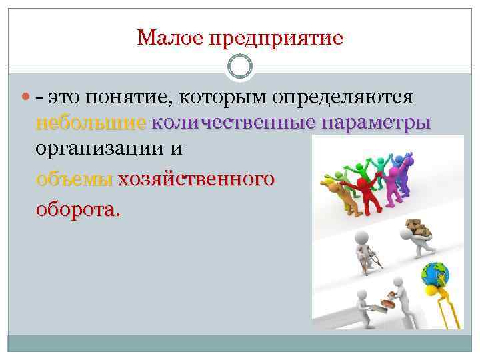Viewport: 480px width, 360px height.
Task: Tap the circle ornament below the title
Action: (240, 67)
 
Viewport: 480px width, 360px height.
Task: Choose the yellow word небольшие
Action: (91, 123)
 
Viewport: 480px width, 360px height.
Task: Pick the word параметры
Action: (375, 124)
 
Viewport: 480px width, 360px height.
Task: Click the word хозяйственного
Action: (196, 179)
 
